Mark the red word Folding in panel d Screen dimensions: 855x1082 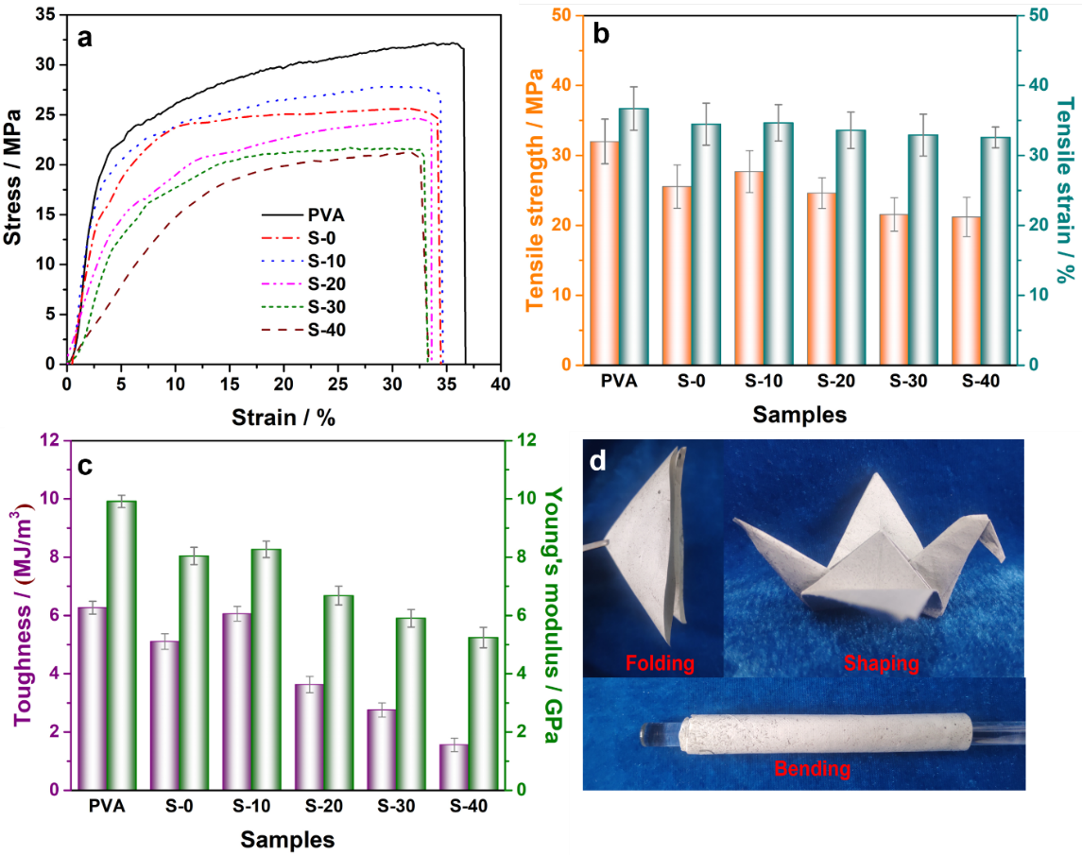point(661,663)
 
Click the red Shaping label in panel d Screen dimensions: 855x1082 point(881,663)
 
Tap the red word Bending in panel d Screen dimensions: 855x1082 point(812,768)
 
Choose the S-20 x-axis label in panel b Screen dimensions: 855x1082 point(831,383)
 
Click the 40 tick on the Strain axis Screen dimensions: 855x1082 point(500,384)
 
